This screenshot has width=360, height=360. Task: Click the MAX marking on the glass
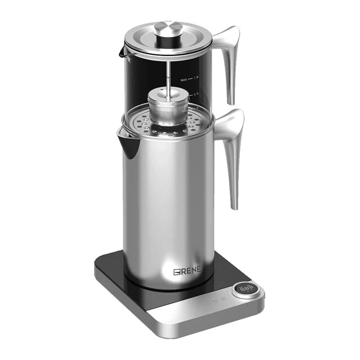(x=184, y=80)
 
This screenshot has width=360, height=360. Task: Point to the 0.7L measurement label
(x=196, y=95)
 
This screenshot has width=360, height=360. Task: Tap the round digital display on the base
(x=246, y=290)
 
